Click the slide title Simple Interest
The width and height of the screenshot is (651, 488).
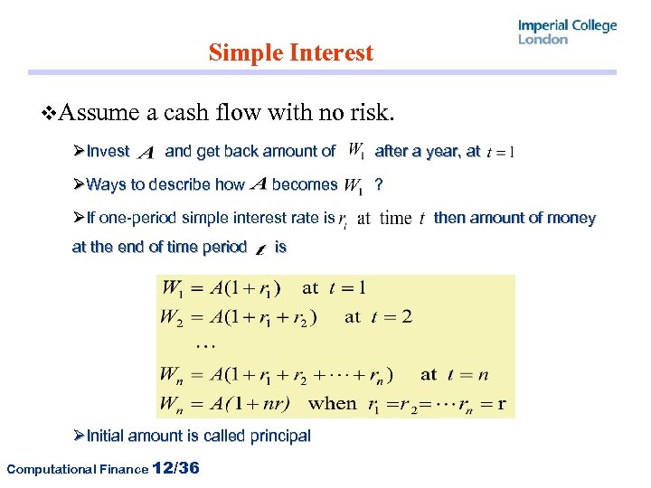coord(290,53)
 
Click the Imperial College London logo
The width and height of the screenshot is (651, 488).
coord(567,32)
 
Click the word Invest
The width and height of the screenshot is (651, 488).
coord(108,152)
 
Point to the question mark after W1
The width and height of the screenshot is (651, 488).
coord(379,185)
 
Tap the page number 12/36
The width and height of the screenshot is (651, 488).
coord(177,468)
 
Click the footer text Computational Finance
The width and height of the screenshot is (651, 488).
coord(77,469)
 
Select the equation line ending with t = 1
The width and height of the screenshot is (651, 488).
coord(263,289)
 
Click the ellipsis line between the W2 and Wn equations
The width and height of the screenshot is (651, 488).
coord(206,344)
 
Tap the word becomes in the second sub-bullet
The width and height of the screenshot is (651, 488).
coord(304,184)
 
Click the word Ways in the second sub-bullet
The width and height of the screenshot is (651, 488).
coord(106,185)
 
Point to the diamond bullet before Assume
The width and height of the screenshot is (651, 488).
coord(50,114)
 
